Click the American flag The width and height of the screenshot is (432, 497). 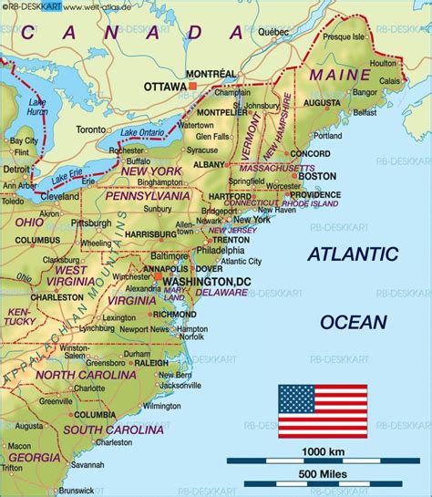[x=323, y=411]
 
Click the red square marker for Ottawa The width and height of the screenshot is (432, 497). [x=193, y=86]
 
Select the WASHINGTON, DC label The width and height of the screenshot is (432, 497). [x=205, y=283]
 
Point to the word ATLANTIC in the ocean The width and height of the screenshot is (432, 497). [x=352, y=254]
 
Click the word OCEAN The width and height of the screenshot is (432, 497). [x=354, y=321]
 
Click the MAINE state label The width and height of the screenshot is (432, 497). [x=334, y=73]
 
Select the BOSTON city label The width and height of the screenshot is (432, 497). [x=311, y=177]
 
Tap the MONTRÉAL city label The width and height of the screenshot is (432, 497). [x=211, y=73]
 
